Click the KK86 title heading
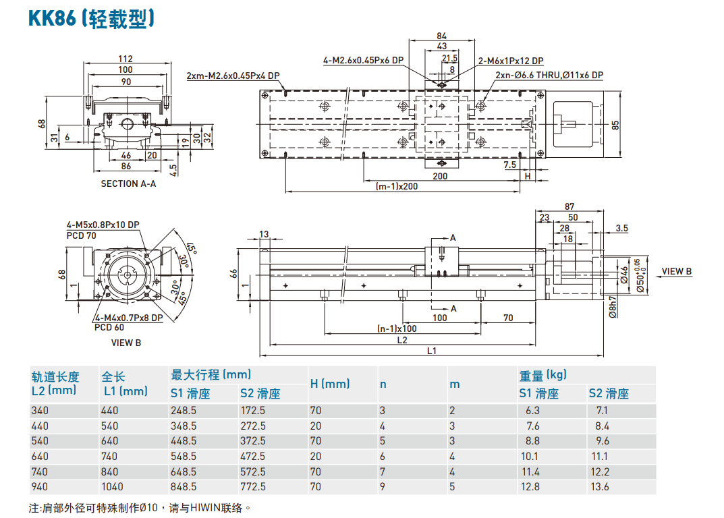[x=92, y=18]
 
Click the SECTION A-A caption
[x=128, y=183]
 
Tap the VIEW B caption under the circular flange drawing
[x=126, y=343]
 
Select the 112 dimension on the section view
[x=126, y=59]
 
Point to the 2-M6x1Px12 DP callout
[x=510, y=61]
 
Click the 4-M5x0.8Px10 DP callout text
[x=103, y=225]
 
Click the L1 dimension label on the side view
[x=432, y=351]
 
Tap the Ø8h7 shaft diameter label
[x=612, y=307]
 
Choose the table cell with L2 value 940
[x=40, y=486]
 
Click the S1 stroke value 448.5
[x=184, y=440]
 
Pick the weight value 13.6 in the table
[x=598, y=486]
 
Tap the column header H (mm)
[x=330, y=383]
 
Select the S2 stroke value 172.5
[x=253, y=410]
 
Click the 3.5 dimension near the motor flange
[x=621, y=229]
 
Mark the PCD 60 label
[x=109, y=327]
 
